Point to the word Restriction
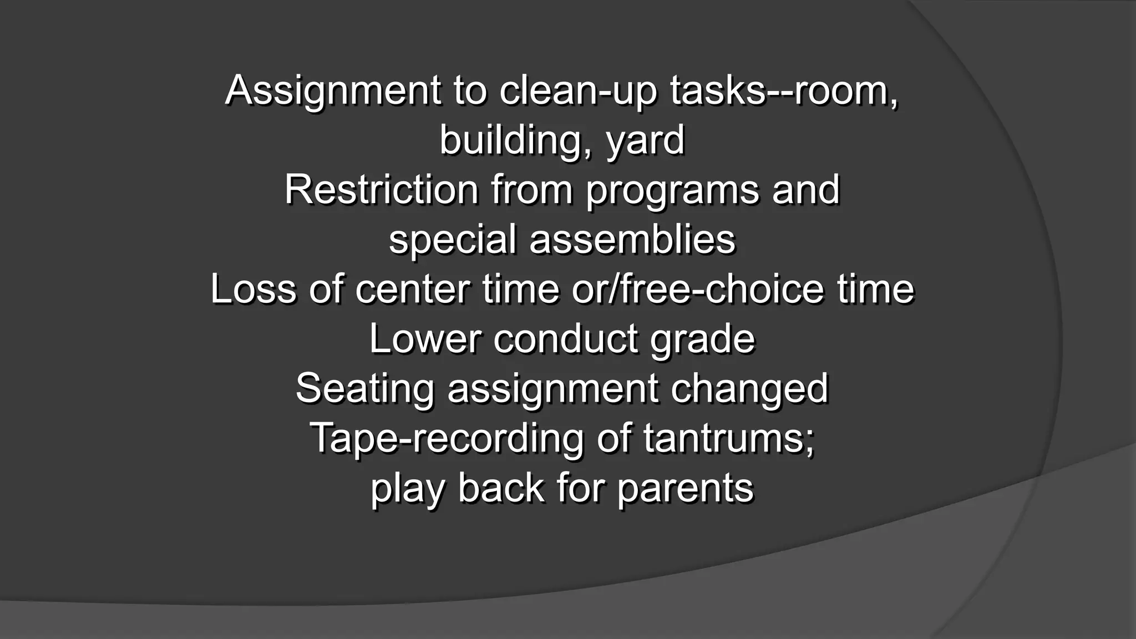pos(382,190)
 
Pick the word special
pos(452,240)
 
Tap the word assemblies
pos(632,240)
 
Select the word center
pos(412,290)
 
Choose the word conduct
pos(566,339)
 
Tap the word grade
pos(703,340)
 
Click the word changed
pos(749,389)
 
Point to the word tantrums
pos(729,438)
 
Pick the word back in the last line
pos(501,488)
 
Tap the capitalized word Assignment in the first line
pos(333,91)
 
